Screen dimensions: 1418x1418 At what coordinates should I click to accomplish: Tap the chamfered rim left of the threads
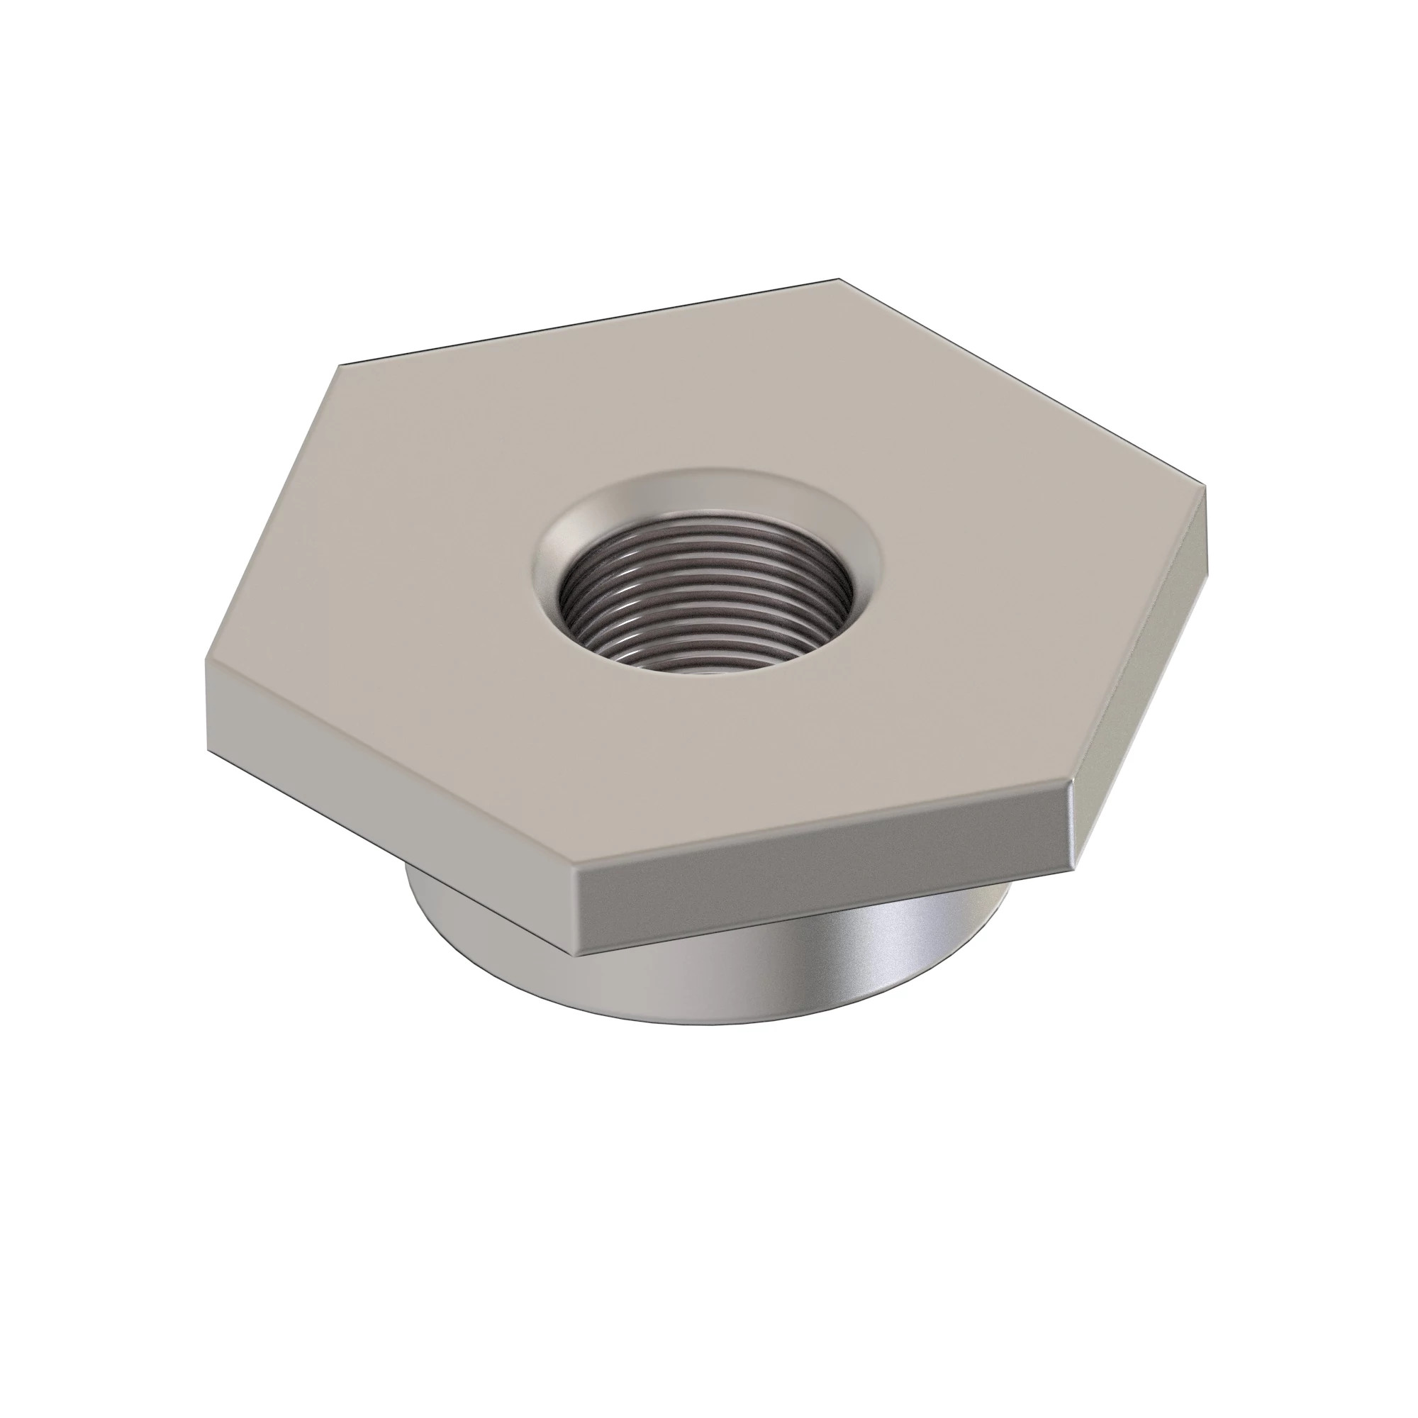pyautogui.click(x=549, y=580)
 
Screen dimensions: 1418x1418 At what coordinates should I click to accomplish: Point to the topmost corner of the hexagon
pyautogui.click(x=838, y=279)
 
